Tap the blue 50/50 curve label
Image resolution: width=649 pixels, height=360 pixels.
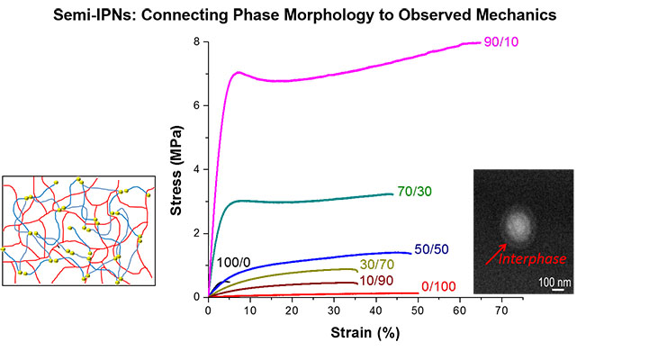pos(431,249)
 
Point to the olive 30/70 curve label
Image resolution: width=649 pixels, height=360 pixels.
pos(377,264)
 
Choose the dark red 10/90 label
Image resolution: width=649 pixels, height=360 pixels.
pos(377,280)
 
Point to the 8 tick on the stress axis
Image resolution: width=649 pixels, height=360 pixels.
pos(196,42)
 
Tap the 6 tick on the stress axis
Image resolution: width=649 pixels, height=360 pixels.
pos(196,105)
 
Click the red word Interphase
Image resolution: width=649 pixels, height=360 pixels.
pos(535,259)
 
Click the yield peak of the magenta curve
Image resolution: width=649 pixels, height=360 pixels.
pos(239,72)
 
